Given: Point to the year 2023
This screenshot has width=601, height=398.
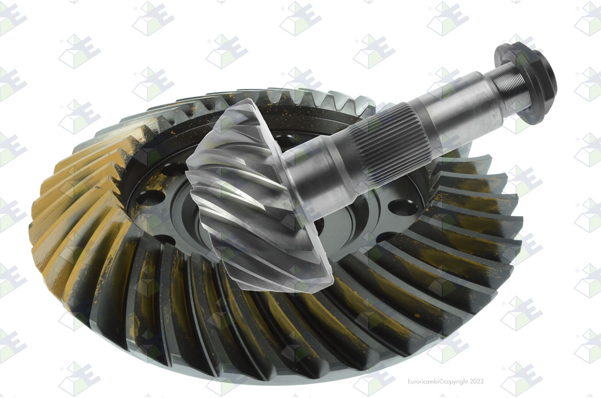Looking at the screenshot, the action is [x=477, y=382].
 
